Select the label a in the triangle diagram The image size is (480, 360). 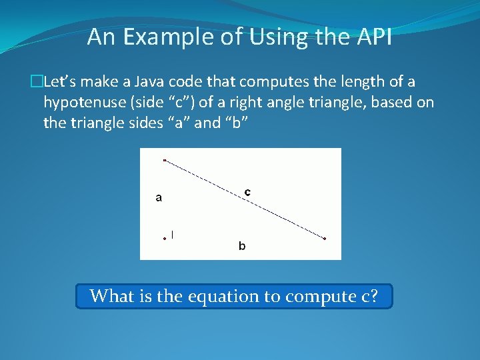[159, 197]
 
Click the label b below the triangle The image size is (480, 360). [242, 247]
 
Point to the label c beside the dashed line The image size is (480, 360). [247, 192]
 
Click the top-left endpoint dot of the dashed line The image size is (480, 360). [165, 160]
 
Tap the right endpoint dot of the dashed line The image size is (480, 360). [325, 238]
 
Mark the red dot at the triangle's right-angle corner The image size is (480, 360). [165, 238]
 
